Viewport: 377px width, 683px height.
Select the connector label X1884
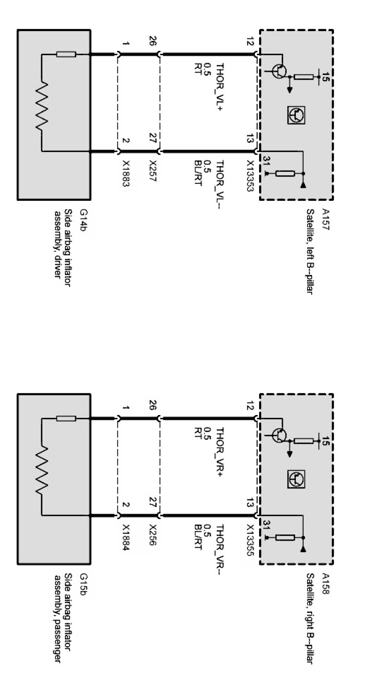click(x=126, y=538)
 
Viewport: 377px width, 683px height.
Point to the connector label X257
click(x=152, y=171)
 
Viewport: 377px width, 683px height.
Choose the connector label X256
click(x=152, y=535)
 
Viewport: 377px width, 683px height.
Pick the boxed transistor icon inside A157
click(x=296, y=115)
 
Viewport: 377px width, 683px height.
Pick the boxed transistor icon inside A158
click(x=296, y=479)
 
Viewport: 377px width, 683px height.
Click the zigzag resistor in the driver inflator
click(x=42, y=107)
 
